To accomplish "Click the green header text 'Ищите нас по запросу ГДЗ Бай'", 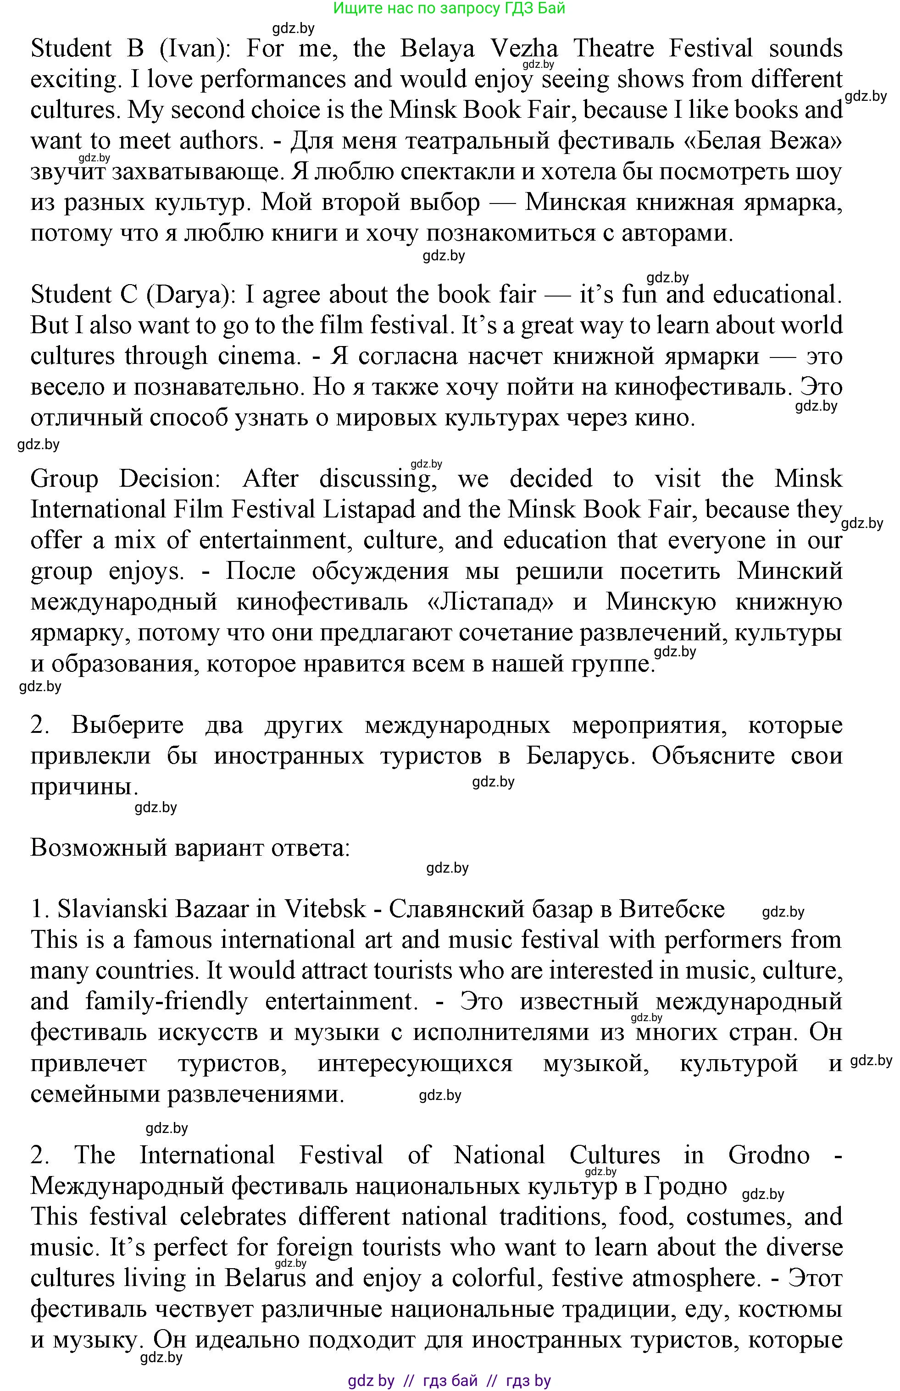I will (x=449, y=8).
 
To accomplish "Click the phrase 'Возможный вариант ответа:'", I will (x=190, y=847).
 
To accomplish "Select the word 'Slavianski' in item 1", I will (x=108, y=909).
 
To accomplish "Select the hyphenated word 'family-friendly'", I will (x=167, y=1001).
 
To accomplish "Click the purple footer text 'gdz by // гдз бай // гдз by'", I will (x=449, y=1380).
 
